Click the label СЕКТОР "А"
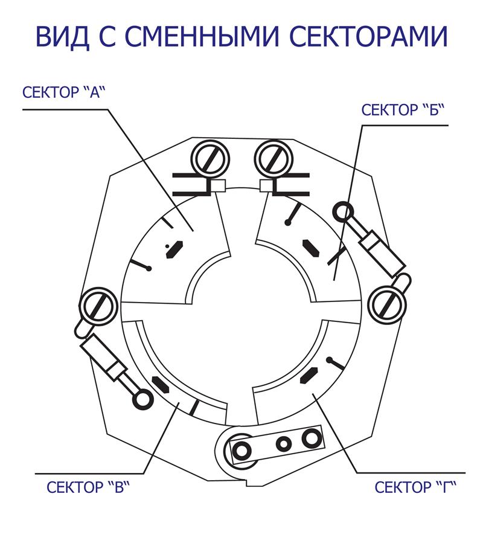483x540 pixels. [x=63, y=92]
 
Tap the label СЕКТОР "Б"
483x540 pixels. [x=403, y=110]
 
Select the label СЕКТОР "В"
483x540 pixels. [x=89, y=487]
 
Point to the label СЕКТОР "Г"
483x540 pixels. [x=415, y=487]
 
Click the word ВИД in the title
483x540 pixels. [x=63, y=36]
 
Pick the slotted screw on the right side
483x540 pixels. [x=387, y=304]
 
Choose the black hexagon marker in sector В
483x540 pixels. [x=161, y=385]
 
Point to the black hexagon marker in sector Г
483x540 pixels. [x=309, y=375]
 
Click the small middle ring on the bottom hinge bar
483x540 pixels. [x=284, y=444]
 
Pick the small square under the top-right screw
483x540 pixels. [x=266, y=186]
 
